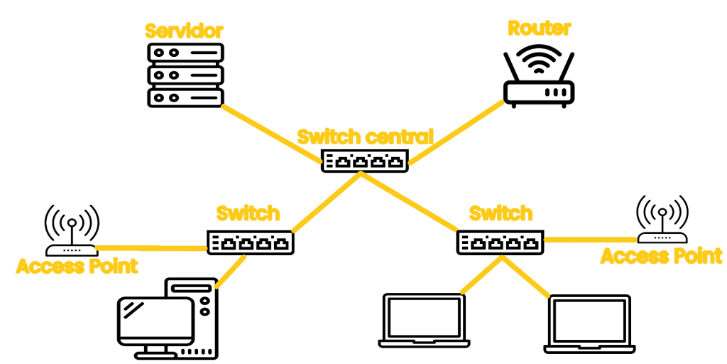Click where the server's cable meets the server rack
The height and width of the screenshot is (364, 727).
223,106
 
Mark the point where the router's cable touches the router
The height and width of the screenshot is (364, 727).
504,102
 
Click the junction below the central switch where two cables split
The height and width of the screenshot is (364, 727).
361,173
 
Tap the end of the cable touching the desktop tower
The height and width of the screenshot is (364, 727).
217,287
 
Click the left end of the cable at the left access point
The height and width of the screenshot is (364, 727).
97,247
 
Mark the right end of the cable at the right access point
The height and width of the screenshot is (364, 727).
636,239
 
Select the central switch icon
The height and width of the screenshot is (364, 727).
365,161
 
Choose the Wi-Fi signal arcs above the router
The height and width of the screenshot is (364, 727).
539,60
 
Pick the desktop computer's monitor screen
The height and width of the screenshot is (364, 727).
155,321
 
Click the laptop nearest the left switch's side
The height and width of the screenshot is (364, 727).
425,321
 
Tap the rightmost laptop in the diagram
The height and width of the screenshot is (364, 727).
590,324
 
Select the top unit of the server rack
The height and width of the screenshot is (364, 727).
185,53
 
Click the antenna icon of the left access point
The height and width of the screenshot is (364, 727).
72,230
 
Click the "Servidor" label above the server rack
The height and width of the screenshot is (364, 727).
184,31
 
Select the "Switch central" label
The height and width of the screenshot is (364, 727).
365,137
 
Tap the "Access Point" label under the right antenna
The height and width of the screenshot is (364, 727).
661,256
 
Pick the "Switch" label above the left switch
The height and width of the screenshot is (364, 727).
248,213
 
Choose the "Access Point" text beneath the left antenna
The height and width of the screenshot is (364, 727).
77,267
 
